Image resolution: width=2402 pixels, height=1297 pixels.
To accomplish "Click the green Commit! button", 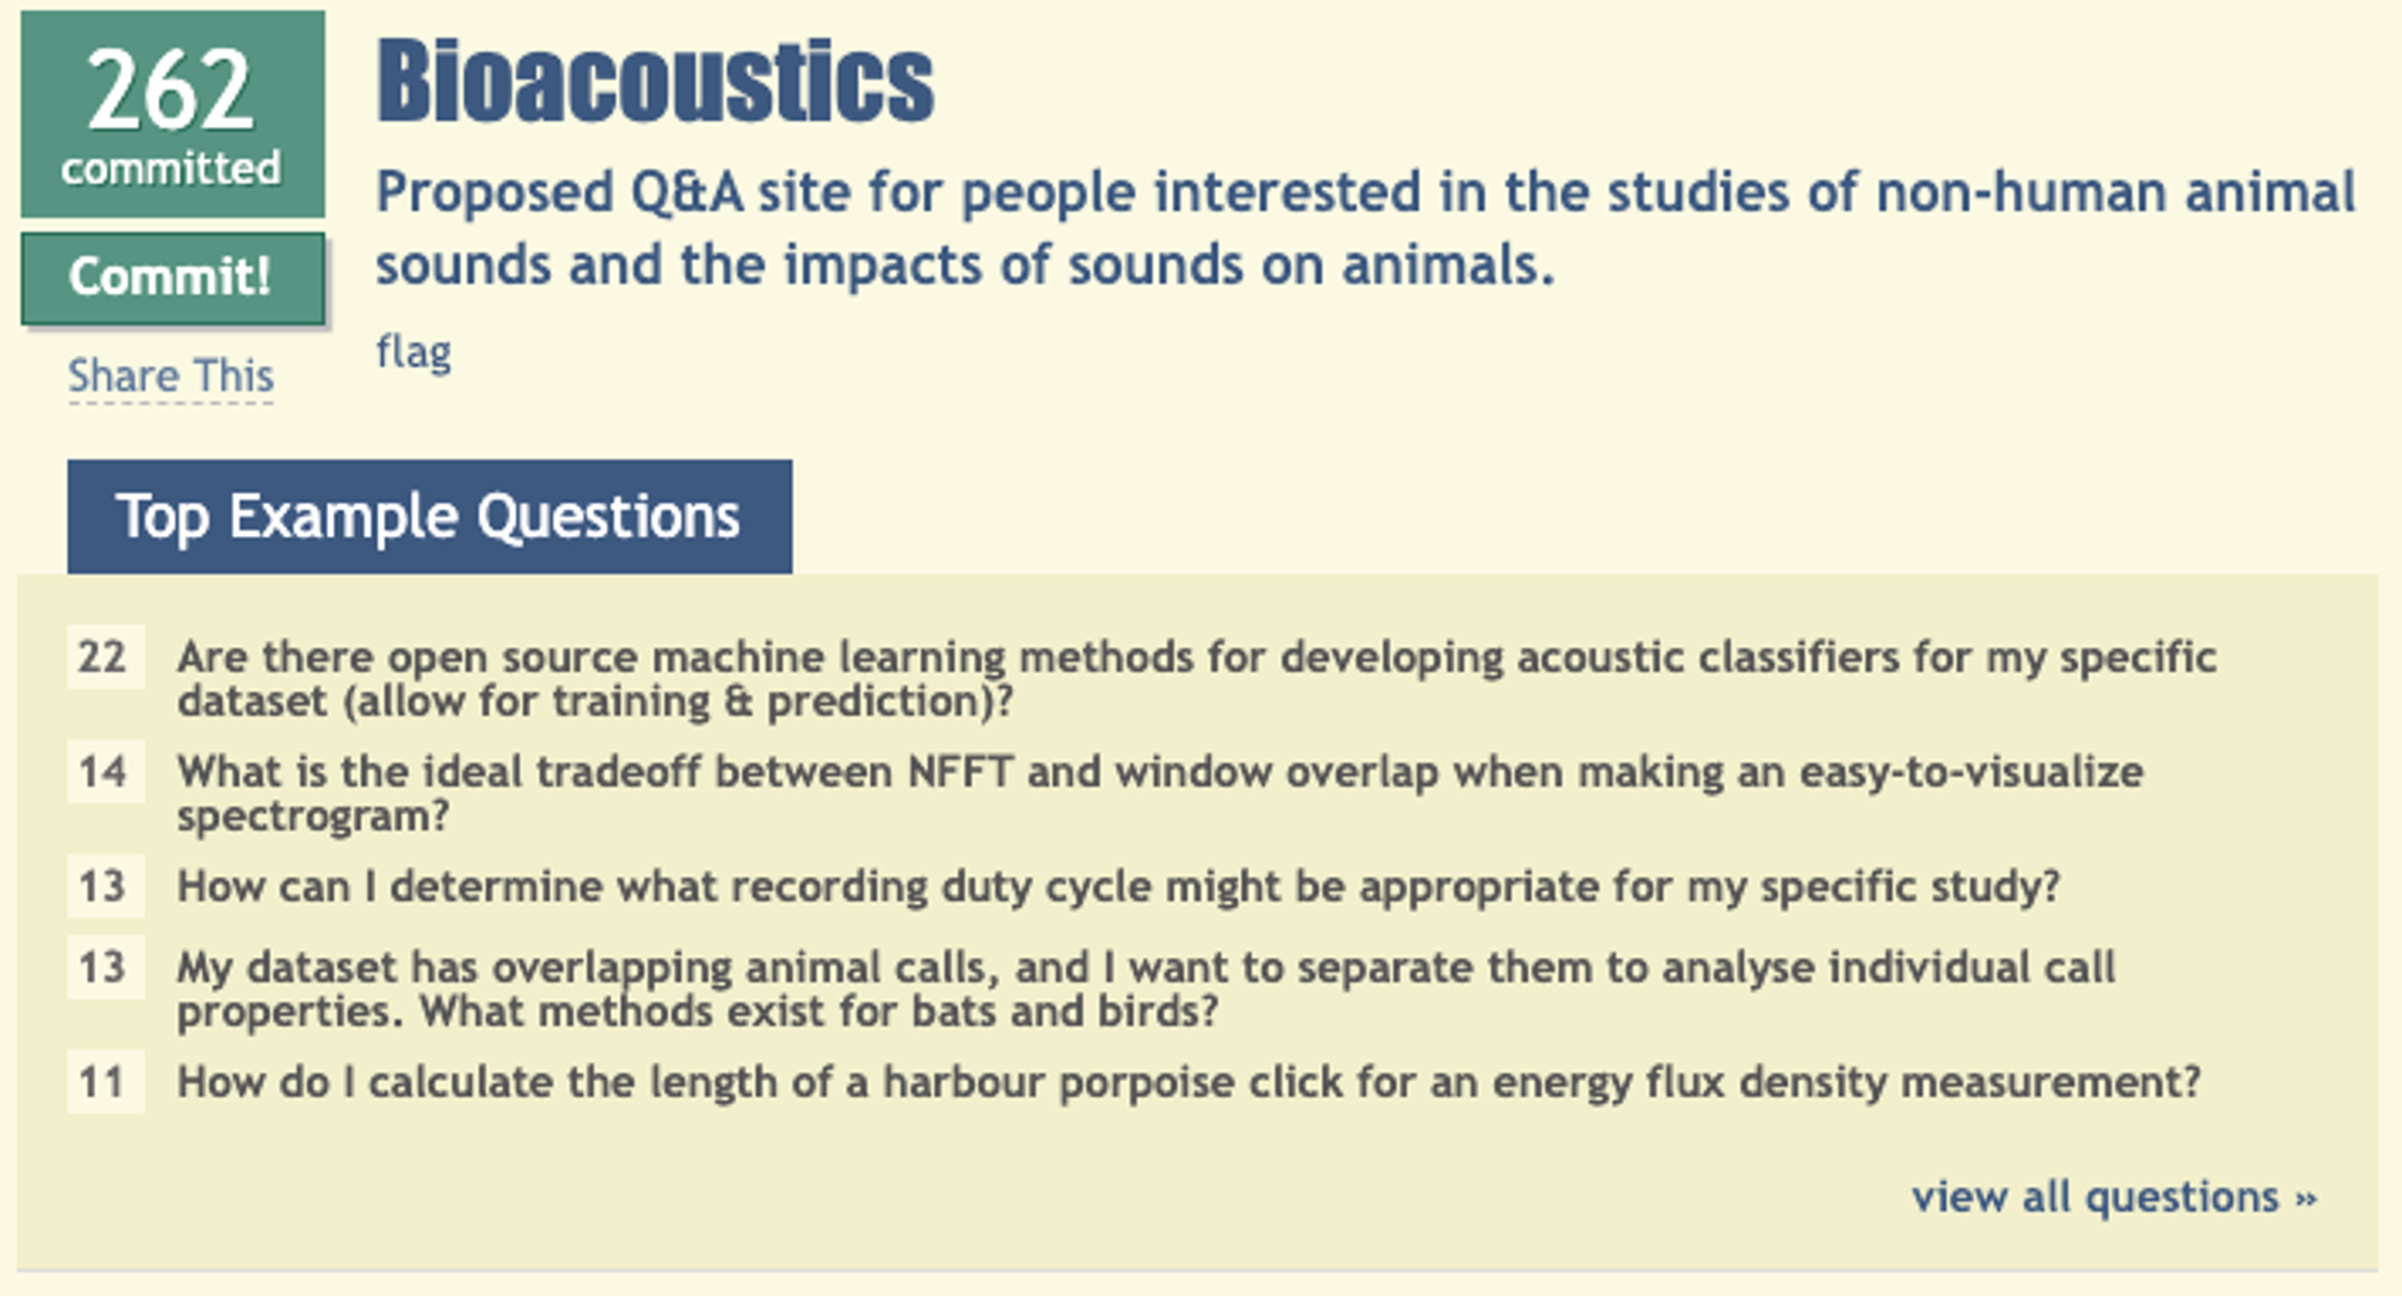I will click(x=172, y=278).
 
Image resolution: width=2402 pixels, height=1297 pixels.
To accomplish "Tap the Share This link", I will click(x=171, y=376).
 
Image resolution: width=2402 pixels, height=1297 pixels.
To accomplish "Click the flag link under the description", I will click(x=413, y=352).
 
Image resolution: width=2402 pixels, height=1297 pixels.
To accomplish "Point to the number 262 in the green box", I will click(x=171, y=91).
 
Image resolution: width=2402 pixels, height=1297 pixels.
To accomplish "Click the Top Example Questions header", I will click(x=429, y=516).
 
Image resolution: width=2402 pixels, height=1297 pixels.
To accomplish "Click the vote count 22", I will click(x=103, y=656).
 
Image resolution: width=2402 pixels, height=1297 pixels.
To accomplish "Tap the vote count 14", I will click(x=103, y=771).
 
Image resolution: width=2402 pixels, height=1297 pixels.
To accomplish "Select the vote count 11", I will click(x=103, y=1081).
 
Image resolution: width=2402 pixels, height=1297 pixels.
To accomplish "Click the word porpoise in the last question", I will click(x=1147, y=1083).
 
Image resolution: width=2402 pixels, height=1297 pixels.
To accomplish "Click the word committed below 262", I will click(x=171, y=169).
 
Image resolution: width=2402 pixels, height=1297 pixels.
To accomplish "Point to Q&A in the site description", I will click(x=686, y=192).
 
